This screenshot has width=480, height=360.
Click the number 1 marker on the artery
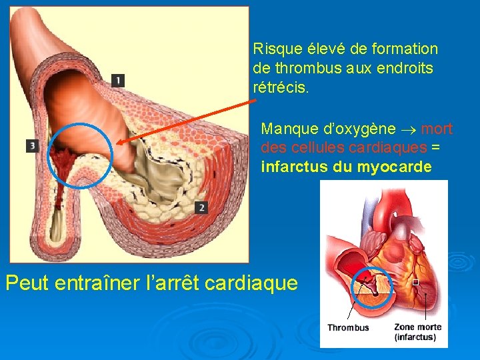pyautogui.click(x=117, y=80)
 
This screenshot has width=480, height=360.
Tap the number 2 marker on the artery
pyautogui.click(x=201, y=207)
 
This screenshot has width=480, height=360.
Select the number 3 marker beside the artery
pyautogui.click(x=32, y=145)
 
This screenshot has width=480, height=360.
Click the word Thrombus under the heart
pyautogui.click(x=347, y=327)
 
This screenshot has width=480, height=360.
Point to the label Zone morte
pyautogui.click(x=417, y=327)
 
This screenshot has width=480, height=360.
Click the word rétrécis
pyautogui.click(x=281, y=87)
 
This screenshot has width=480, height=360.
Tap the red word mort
pyautogui.click(x=437, y=128)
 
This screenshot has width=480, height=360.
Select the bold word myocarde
pyautogui.click(x=395, y=167)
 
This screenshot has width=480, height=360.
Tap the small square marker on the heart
pyautogui.click(x=415, y=282)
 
